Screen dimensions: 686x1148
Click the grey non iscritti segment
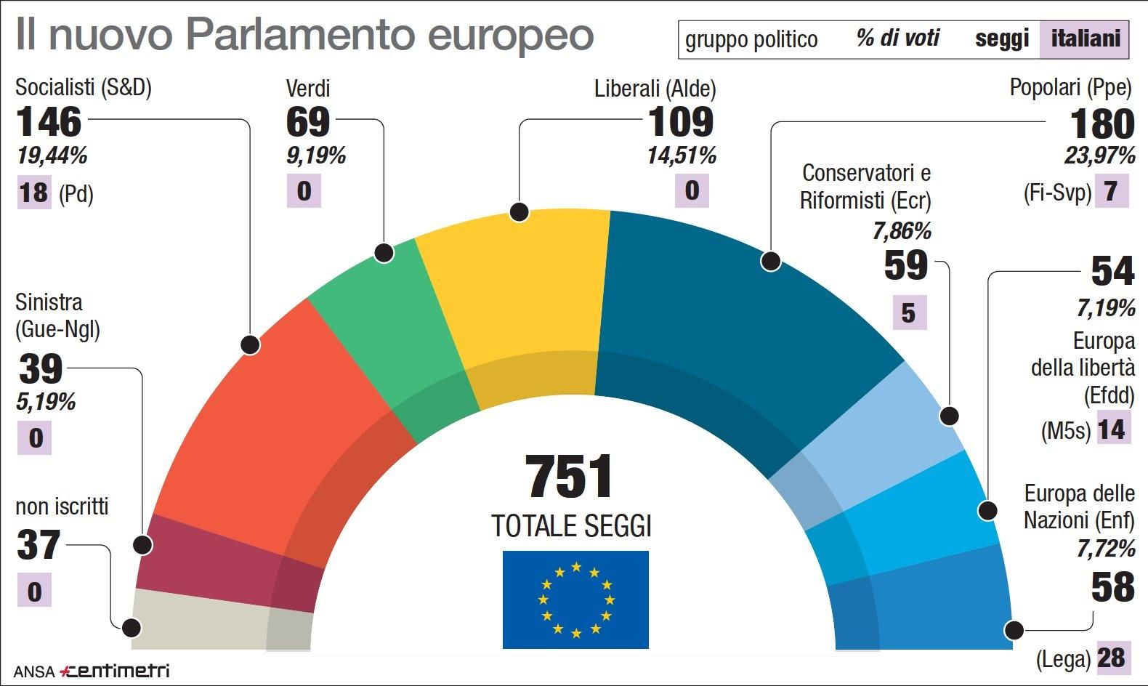coord(218,621)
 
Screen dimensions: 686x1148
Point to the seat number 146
coord(49,121)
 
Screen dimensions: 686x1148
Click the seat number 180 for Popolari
coord(1101,124)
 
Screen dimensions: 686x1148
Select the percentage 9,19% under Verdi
coord(315,156)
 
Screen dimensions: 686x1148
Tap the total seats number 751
coord(570,477)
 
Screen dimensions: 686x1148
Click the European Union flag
coord(575,600)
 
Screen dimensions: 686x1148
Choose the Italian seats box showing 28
coord(1112,658)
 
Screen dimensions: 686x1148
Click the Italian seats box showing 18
coord(33,193)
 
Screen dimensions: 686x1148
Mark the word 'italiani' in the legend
coord(1086,39)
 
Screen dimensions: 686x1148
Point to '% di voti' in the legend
coord(898,39)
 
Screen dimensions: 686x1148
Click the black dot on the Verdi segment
coord(384,253)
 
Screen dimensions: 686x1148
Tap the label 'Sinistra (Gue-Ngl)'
coord(57,315)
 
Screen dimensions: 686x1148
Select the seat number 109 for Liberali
coord(680,121)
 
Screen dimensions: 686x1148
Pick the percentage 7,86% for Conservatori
coord(902,231)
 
